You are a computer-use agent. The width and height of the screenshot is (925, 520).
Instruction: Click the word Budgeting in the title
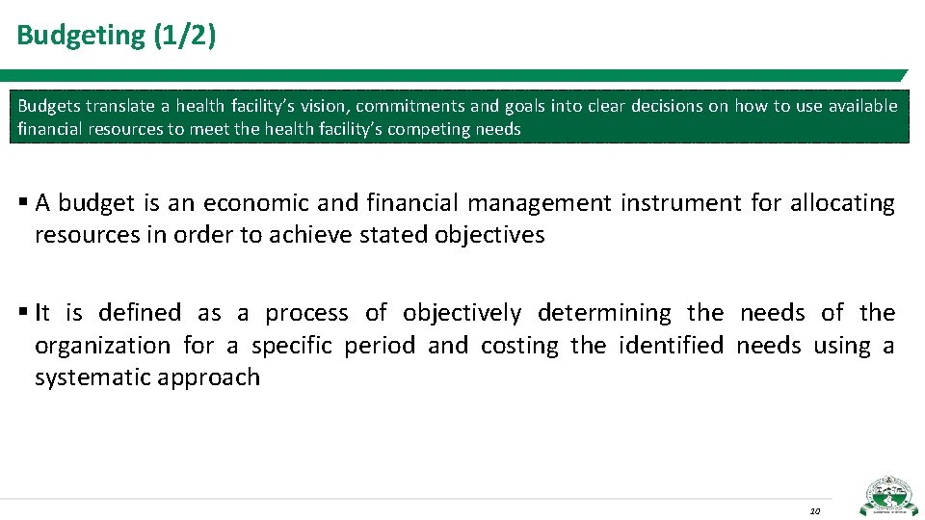pyautogui.click(x=81, y=36)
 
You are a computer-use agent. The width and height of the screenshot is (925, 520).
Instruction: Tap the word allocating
pyautogui.click(x=842, y=203)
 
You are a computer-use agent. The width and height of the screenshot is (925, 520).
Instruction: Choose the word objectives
pyautogui.click(x=489, y=235)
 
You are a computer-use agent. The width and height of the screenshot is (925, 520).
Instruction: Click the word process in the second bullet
pyautogui.click(x=306, y=313)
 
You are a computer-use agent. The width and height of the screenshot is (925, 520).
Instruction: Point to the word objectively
pyautogui.click(x=462, y=313)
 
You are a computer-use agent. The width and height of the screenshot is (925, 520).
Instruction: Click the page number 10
pyautogui.click(x=814, y=510)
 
